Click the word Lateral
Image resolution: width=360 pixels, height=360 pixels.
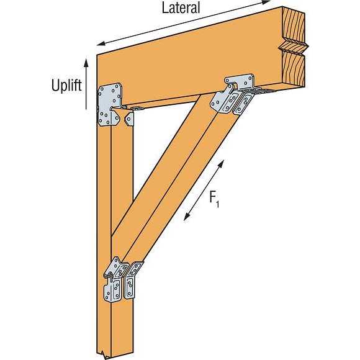pos(181,7)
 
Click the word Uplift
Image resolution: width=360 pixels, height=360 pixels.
pos(66,86)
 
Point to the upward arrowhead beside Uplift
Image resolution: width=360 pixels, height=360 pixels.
pos(86,63)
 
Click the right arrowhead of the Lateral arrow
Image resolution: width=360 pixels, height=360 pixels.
pos(266,2)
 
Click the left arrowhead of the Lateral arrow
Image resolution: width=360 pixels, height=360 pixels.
pos(101,43)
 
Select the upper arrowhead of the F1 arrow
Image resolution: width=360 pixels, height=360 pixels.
pos(221,164)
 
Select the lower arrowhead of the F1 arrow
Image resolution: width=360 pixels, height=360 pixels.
pos(187,217)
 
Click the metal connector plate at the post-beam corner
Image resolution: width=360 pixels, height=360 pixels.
pos(110,104)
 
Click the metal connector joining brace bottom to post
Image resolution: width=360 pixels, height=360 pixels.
pos(122,279)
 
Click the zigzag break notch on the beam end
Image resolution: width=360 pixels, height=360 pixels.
pos(294,48)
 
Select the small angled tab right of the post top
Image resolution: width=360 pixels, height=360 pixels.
pos(129,118)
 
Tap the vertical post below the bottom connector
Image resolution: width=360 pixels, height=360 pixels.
pos(115,328)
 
